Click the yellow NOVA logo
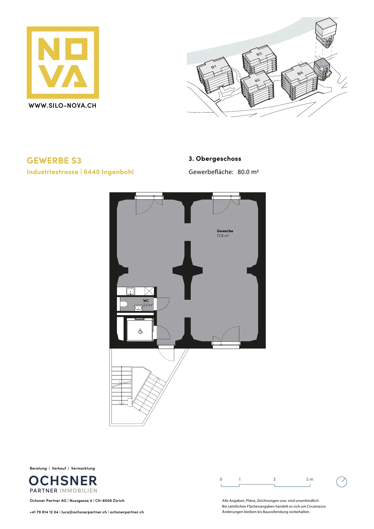point(63,62)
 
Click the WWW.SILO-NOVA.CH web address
point(62,106)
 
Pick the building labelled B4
point(300,81)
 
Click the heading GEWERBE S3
point(54,160)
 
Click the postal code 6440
point(92,172)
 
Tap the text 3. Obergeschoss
point(215,159)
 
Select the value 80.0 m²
point(248,172)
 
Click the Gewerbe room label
point(225,231)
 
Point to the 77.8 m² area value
point(223,236)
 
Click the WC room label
point(146,301)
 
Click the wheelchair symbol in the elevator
point(140,331)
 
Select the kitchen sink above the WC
point(130,291)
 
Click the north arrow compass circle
point(341,482)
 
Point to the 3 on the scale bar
point(274,479)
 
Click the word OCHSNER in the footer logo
point(63,481)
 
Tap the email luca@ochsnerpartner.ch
point(84,512)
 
